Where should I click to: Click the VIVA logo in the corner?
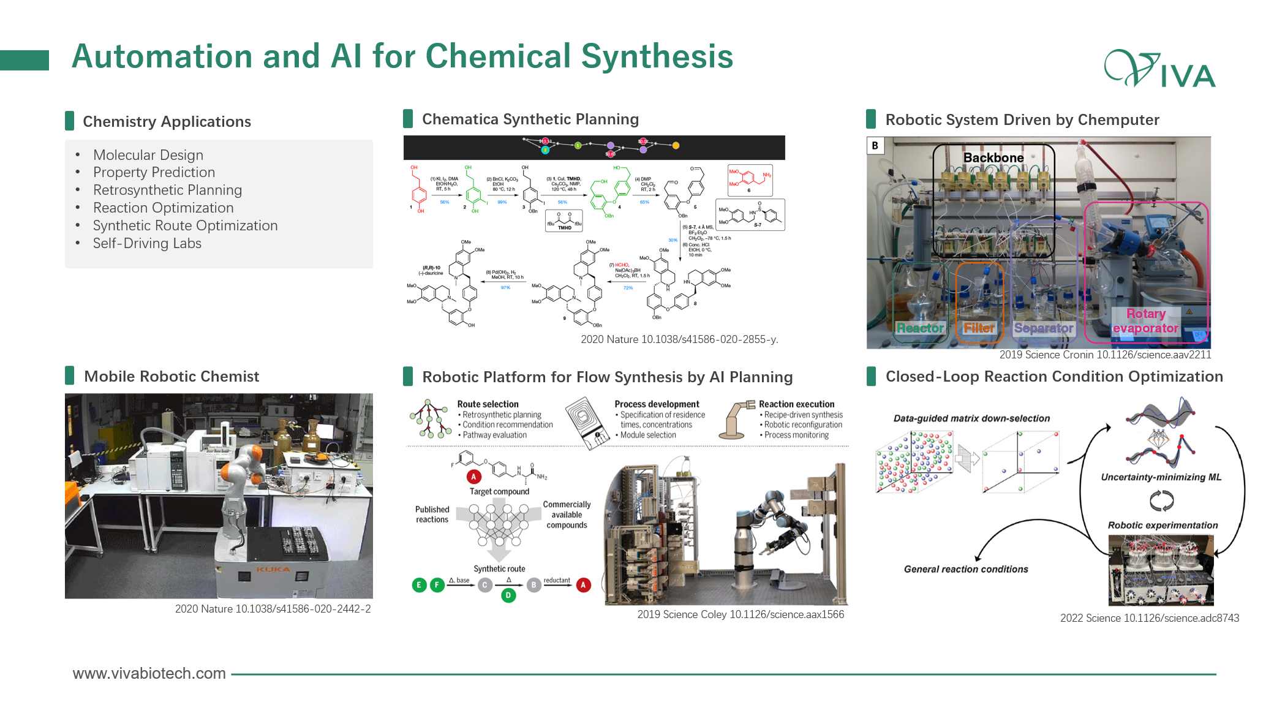click(1159, 69)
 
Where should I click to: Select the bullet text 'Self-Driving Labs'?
click(147, 243)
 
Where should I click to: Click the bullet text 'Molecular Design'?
click(148, 155)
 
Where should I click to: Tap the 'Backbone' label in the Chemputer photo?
click(993, 157)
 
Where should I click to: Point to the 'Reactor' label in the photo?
click(919, 328)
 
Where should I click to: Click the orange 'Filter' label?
click(979, 328)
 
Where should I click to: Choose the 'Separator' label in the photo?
click(1043, 328)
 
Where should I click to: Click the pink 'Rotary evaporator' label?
click(1145, 321)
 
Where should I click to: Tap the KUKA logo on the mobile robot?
click(273, 570)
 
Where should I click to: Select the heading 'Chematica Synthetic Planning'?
click(530, 119)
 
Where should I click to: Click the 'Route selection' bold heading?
click(488, 404)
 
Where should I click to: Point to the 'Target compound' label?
click(499, 491)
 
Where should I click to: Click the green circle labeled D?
click(508, 595)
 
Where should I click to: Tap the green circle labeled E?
click(419, 585)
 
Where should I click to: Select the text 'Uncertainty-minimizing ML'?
click(1161, 477)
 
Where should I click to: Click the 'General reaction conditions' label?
click(966, 569)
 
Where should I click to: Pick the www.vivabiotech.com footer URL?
click(149, 673)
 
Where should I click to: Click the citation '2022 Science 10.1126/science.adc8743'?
click(1150, 618)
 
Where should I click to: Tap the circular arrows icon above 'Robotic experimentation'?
click(1161, 501)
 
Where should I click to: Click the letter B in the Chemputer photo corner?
click(875, 145)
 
